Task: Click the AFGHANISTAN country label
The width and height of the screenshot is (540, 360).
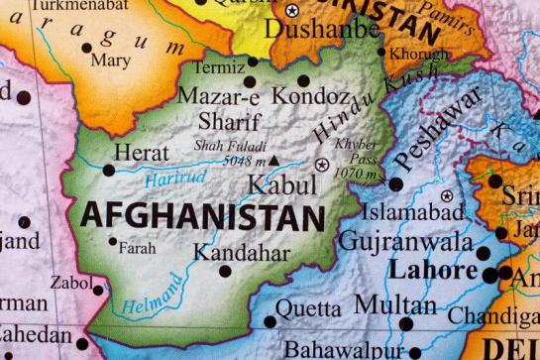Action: pyautogui.click(x=203, y=215)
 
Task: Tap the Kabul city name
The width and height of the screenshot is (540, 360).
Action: pyautogui.click(x=282, y=184)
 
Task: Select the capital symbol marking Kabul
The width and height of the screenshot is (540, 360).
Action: pyautogui.click(x=321, y=165)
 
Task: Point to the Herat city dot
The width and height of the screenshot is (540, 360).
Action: pyautogui.click(x=109, y=170)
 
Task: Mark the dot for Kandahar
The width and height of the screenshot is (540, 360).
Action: pyautogui.click(x=225, y=270)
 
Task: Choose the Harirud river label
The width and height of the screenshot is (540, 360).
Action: pyautogui.click(x=175, y=180)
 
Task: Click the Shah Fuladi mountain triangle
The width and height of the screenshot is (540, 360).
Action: pyautogui.click(x=274, y=159)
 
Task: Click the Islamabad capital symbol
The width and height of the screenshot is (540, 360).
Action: pyautogui.click(x=447, y=195)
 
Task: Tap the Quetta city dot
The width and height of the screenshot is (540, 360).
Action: pyautogui.click(x=269, y=320)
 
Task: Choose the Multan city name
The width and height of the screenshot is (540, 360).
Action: pyautogui.click(x=381, y=304)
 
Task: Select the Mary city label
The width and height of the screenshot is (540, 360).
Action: pyautogui.click(x=109, y=60)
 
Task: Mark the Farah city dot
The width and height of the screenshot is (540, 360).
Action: pyautogui.click(x=112, y=241)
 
